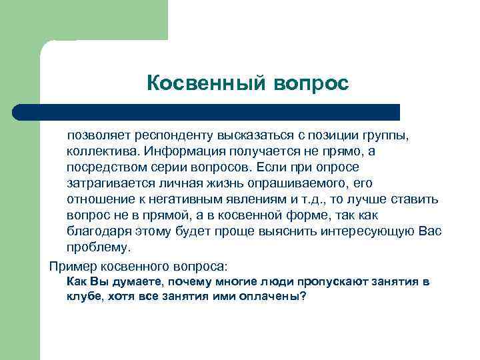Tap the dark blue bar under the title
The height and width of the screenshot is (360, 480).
(207, 111)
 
